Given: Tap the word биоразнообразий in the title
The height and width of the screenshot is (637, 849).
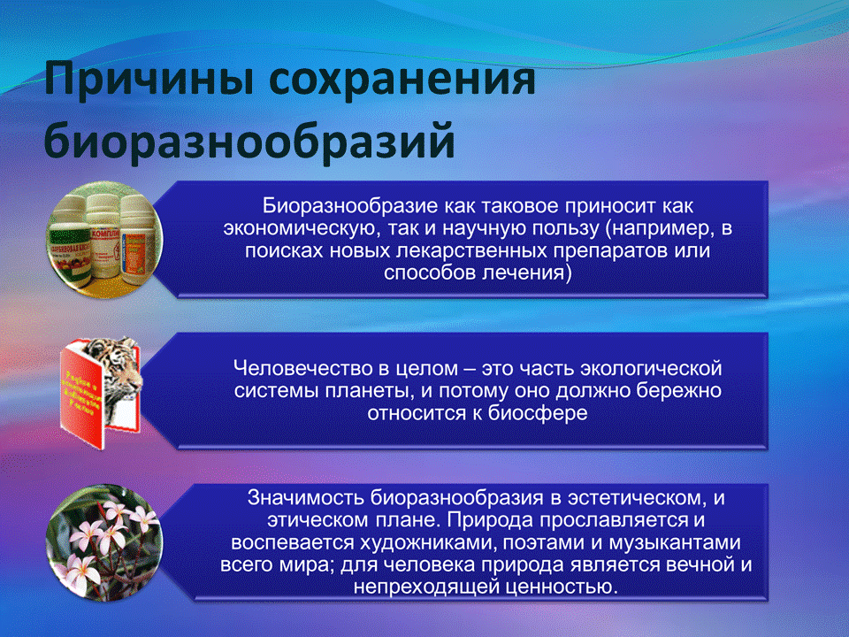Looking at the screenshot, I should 249,142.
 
